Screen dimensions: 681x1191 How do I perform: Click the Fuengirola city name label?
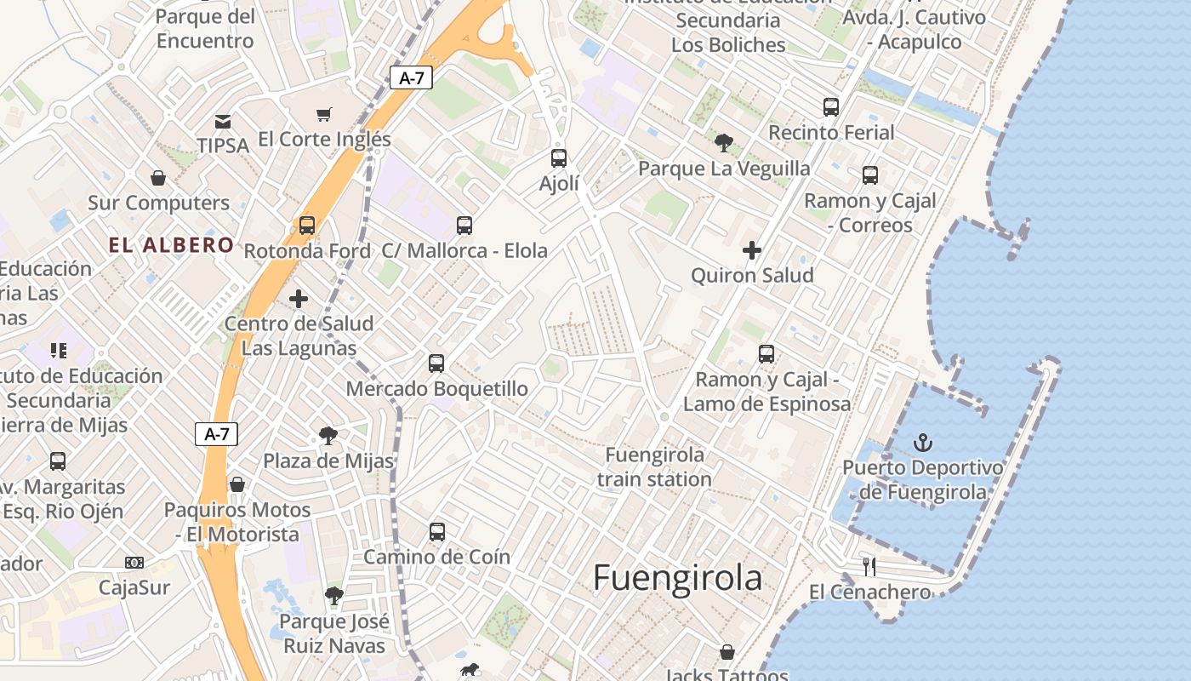point(677,578)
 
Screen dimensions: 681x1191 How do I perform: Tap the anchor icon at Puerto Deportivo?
point(922,443)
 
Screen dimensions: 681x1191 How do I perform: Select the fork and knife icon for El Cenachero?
point(869,567)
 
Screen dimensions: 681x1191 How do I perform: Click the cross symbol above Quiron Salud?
point(752,250)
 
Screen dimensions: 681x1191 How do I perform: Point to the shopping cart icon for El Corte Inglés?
point(323,114)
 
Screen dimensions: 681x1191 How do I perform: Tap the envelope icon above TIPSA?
point(223,122)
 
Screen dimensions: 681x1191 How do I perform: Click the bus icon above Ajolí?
point(559,158)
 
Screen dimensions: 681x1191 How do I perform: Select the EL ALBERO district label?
point(171,245)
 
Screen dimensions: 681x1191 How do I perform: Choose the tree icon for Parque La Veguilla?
point(724,143)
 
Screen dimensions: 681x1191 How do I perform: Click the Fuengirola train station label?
point(654,466)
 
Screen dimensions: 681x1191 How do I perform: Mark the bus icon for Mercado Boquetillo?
point(436,363)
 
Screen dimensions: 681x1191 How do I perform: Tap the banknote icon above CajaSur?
point(134,563)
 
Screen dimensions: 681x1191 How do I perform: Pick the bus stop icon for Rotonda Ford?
point(307,226)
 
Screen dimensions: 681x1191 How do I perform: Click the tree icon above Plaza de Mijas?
point(328,437)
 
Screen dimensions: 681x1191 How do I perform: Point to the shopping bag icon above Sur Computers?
point(158,178)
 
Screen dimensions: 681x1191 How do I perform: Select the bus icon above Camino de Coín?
point(437,532)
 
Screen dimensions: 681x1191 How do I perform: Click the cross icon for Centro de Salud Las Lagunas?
point(299,299)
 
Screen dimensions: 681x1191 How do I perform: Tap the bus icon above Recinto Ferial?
point(831,107)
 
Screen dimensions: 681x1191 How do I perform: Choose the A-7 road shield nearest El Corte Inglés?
point(412,78)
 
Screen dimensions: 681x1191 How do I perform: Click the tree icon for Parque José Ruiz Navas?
point(334,596)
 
